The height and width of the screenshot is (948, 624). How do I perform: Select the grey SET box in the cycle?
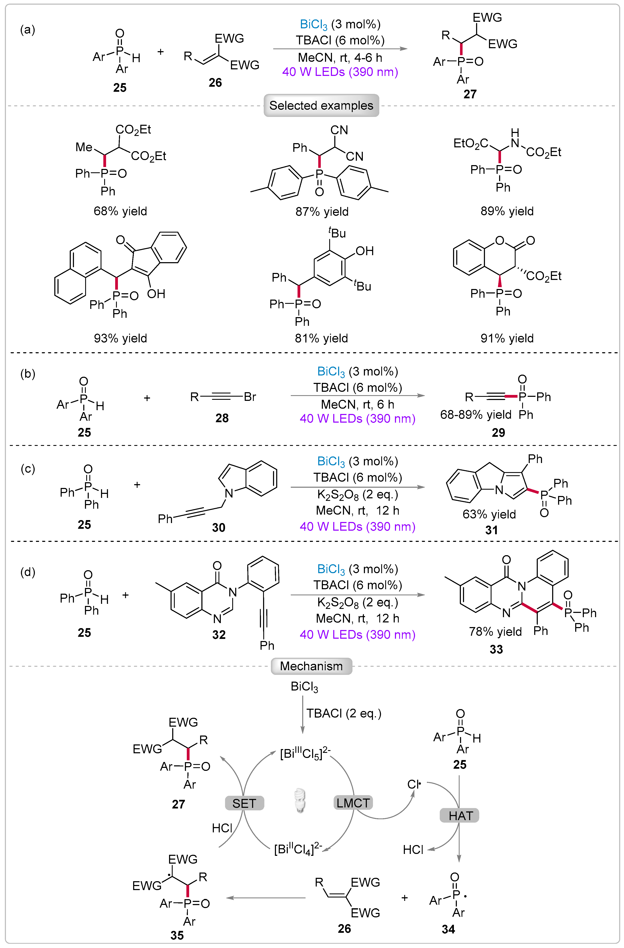click(x=244, y=803)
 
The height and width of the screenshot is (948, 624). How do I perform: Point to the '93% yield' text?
click(x=120, y=338)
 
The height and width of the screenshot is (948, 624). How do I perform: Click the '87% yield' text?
click(x=322, y=211)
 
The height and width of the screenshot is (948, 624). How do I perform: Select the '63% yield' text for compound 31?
click(x=489, y=514)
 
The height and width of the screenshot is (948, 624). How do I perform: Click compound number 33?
click(x=496, y=649)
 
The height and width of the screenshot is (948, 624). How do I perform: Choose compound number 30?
click(x=219, y=528)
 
